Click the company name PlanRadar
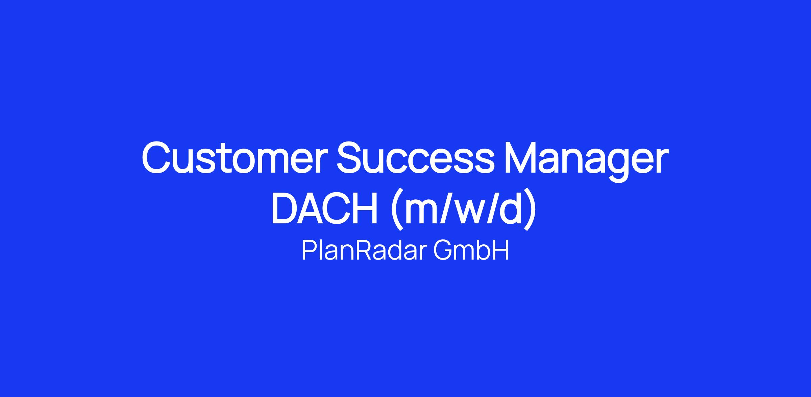(364, 251)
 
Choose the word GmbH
(471, 251)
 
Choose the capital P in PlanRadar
(310, 251)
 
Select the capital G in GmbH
(442, 251)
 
